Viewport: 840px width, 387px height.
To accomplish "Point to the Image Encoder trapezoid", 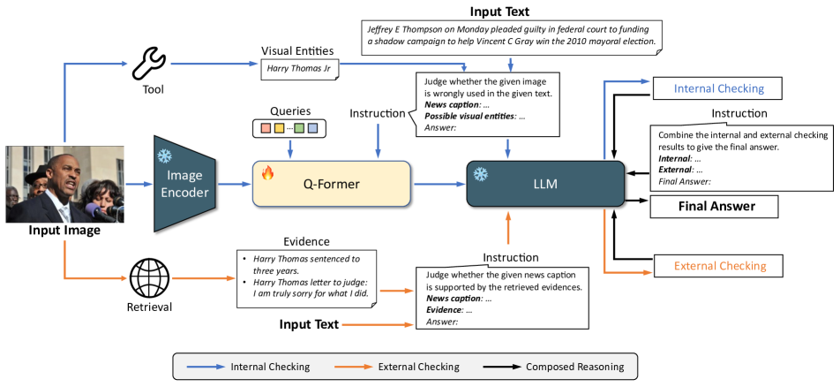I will coord(186,184).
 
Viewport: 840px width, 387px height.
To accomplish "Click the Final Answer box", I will coord(716,207).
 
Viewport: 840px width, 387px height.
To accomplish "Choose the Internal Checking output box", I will coord(718,88).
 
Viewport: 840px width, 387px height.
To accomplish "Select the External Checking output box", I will coord(719,265).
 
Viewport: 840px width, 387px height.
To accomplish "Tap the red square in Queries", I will coord(264,129).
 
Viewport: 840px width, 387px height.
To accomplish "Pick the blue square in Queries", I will coord(313,129).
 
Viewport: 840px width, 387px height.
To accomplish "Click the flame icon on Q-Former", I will coord(267,173).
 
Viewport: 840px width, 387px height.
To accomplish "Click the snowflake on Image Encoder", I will coord(163,156).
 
